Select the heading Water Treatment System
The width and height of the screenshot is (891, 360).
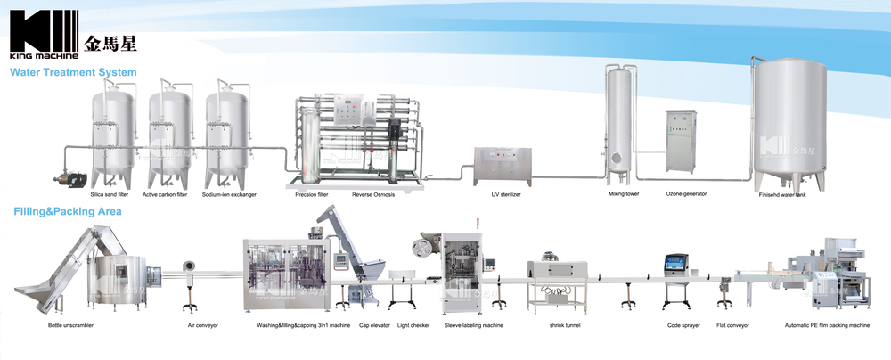click(x=73, y=71)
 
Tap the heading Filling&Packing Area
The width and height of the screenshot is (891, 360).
click(x=68, y=212)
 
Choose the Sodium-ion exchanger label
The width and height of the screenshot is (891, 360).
click(x=229, y=193)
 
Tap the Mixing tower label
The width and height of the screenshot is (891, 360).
click(x=624, y=192)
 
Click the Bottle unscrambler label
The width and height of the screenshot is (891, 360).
click(x=71, y=325)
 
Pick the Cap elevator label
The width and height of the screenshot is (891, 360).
click(x=372, y=325)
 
